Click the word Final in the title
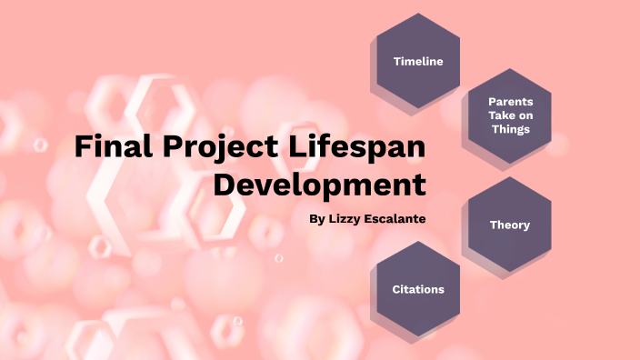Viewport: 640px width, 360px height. click(x=108, y=146)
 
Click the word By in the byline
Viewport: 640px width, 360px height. click(x=315, y=219)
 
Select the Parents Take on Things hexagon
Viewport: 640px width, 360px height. click(x=509, y=115)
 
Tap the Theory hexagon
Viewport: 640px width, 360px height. click(x=509, y=224)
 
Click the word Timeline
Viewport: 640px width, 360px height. click(x=418, y=61)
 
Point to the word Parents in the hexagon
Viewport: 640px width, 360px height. click(x=509, y=101)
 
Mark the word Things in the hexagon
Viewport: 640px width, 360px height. click(x=509, y=129)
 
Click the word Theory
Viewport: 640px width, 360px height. click(x=509, y=225)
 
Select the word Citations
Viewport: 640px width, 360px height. click(x=418, y=290)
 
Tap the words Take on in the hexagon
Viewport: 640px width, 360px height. click(x=509, y=115)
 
